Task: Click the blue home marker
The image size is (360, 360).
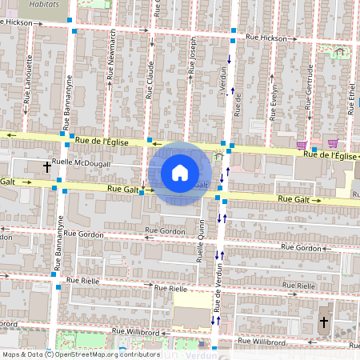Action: [x=179, y=172]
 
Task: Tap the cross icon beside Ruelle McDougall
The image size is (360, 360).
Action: [x=46, y=167]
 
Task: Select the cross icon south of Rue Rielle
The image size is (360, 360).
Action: [x=323, y=322]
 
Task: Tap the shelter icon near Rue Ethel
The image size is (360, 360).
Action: [x=339, y=51]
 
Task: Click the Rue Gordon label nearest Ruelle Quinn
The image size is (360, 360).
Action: [x=166, y=230]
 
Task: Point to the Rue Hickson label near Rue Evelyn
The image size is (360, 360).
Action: [x=266, y=38]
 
